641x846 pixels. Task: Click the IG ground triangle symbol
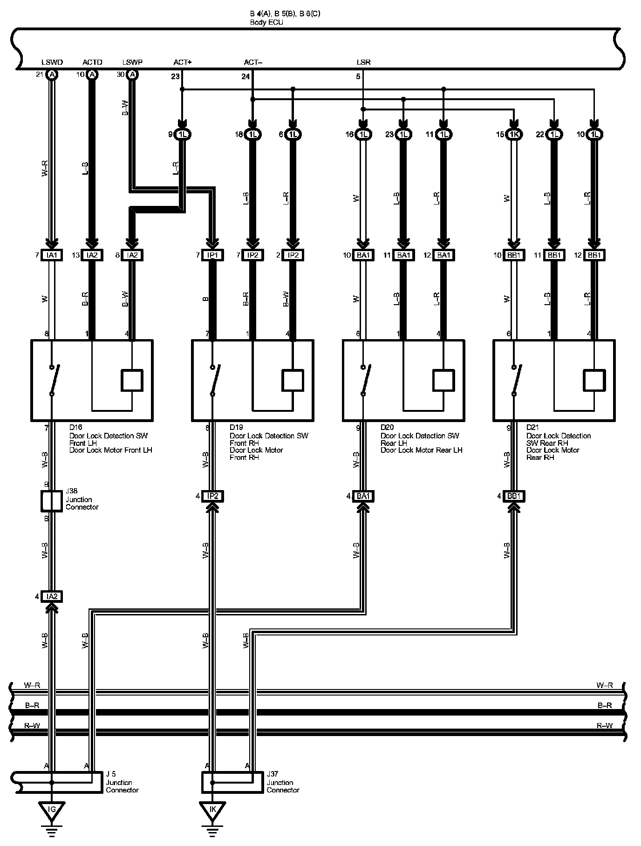click(x=52, y=810)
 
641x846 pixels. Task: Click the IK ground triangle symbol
click(x=212, y=810)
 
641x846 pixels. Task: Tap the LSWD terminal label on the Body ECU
click(x=52, y=62)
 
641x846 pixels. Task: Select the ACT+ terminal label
click(x=182, y=62)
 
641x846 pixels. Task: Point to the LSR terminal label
click(x=363, y=62)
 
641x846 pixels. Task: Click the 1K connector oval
click(x=514, y=134)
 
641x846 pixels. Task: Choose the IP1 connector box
click(x=212, y=255)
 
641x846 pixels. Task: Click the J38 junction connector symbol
click(x=52, y=501)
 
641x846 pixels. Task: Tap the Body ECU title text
click(x=266, y=22)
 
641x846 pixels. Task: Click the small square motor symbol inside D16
click(x=132, y=381)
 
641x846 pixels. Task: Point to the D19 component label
click(x=236, y=427)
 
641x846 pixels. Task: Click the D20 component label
click(x=387, y=427)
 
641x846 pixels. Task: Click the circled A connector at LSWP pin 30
click(x=132, y=75)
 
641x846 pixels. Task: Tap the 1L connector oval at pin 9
click(x=183, y=134)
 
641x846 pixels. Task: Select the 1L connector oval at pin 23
click(x=403, y=134)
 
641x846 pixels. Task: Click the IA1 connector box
click(x=52, y=255)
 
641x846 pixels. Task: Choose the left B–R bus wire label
click(x=32, y=705)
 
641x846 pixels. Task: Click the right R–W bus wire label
click(x=605, y=725)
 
